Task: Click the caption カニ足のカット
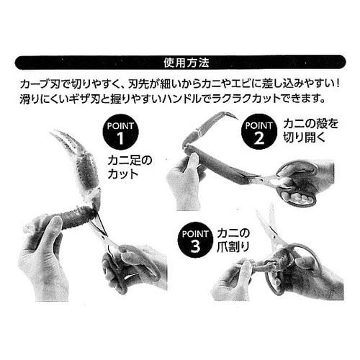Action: point(130,167)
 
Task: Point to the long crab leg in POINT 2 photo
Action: point(223,163)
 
